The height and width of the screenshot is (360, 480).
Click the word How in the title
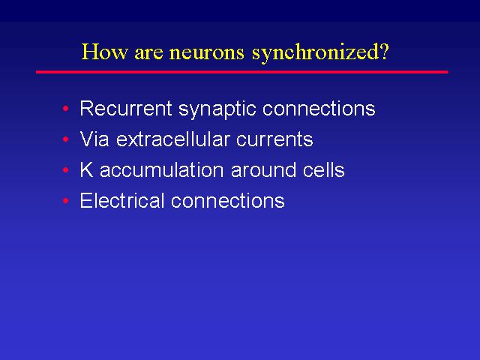pyautogui.click(x=104, y=52)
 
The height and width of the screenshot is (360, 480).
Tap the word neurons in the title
pyautogui.click(x=207, y=53)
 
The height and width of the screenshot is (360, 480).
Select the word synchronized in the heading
pyautogui.click(x=315, y=53)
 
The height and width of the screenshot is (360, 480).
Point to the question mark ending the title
pyautogui.click(x=384, y=51)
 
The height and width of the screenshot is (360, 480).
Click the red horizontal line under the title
pyautogui.click(x=241, y=72)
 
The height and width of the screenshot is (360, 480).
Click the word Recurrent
pyautogui.click(x=126, y=108)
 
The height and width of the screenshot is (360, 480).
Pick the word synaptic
pyautogui.click(x=217, y=109)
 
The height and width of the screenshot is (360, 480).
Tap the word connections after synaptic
pyautogui.click(x=319, y=108)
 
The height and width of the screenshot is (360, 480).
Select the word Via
pyautogui.click(x=94, y=139)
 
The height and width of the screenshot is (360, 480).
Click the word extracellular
pyautogui.click(x=173, y=139)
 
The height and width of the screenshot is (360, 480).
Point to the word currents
pyautogui.click(x=274, y=140)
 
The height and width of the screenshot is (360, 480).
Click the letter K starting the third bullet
pyautogui.click(x=86, y=169)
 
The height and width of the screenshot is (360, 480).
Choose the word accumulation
pyautogui.click(x=162, y=170)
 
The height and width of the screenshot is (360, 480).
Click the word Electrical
pyautogui.click(x=122, y=200)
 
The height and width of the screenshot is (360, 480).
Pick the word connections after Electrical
pyautogui.click(x=228, y=200)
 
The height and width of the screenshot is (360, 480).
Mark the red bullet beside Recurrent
pyautogui.click(x=65, y=108)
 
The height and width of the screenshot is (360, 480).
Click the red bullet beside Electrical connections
pyautogui.click(x=65, y=201)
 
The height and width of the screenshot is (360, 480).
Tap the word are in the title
pyautogui.click(x=148, y=53)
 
